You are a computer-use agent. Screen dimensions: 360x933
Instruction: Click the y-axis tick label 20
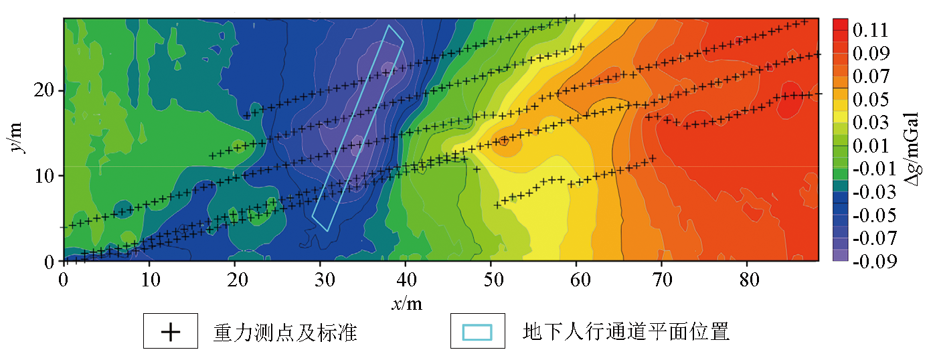45,91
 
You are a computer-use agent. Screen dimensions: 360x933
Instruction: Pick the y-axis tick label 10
45,176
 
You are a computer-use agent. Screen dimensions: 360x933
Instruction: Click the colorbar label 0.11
870,30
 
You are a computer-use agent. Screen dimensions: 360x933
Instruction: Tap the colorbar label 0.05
870,100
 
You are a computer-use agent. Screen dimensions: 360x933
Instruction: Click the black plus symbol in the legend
171,332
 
